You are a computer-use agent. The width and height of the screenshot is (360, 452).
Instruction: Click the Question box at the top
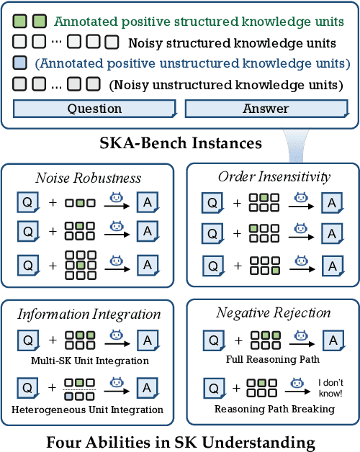94,109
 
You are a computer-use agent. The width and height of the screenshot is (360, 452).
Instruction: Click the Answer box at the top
266,109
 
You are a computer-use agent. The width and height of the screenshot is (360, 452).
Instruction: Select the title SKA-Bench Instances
180,143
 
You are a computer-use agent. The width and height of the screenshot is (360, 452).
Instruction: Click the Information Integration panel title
89,314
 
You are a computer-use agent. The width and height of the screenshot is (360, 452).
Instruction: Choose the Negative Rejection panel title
273,312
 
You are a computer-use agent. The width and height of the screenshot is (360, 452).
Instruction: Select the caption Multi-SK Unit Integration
89,360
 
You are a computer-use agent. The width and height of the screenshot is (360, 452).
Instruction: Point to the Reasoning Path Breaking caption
266,409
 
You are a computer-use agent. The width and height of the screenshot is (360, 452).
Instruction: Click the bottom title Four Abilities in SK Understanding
180,440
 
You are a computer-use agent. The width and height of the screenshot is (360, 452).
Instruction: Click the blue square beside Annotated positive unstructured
20,63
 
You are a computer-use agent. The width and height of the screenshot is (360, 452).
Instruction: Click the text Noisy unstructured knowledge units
226,84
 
